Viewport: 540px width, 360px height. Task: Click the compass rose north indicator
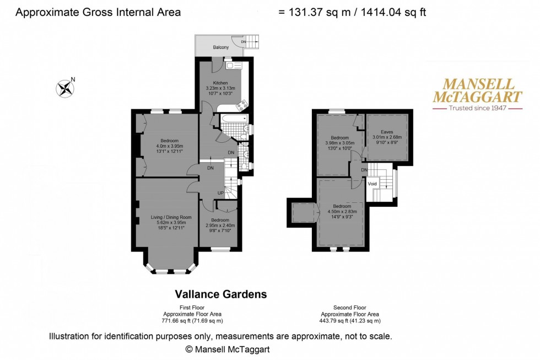tap(65, 88)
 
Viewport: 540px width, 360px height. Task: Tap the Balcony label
tap(220, 47)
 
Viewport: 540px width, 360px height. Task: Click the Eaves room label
tap(387, 132)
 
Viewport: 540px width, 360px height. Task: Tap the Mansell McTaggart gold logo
tap(476, 91)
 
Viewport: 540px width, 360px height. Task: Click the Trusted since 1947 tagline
tap(477, 109)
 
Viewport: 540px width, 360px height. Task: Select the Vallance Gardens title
tap(220, 294)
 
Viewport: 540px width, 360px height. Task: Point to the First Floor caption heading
tap(192, 308)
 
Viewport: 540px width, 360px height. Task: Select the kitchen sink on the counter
tap(230, 65)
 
